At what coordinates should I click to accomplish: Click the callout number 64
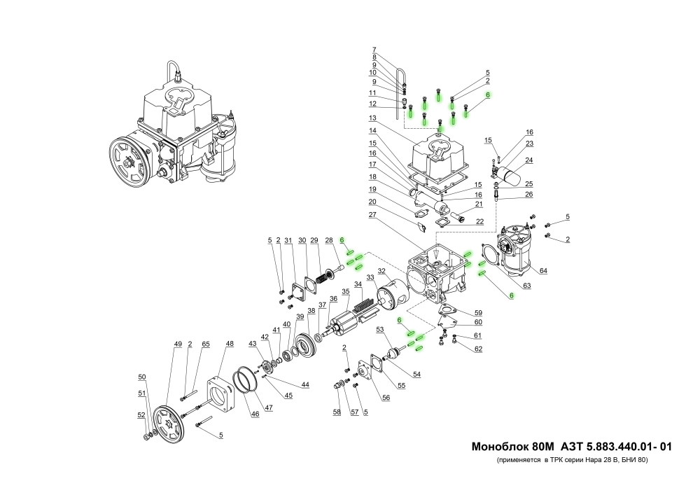click(543, 271)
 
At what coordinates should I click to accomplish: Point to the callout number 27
click(373, 215)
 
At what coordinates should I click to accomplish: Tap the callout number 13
click(373, 117)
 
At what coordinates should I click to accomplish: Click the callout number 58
click(337, 412)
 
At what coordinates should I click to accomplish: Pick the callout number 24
click(530, 160)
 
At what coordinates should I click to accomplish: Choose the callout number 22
click(479, 222)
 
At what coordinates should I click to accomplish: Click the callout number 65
click(205, 344)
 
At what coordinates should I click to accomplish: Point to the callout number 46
click(255, 414)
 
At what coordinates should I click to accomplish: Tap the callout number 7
click(374, 49)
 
